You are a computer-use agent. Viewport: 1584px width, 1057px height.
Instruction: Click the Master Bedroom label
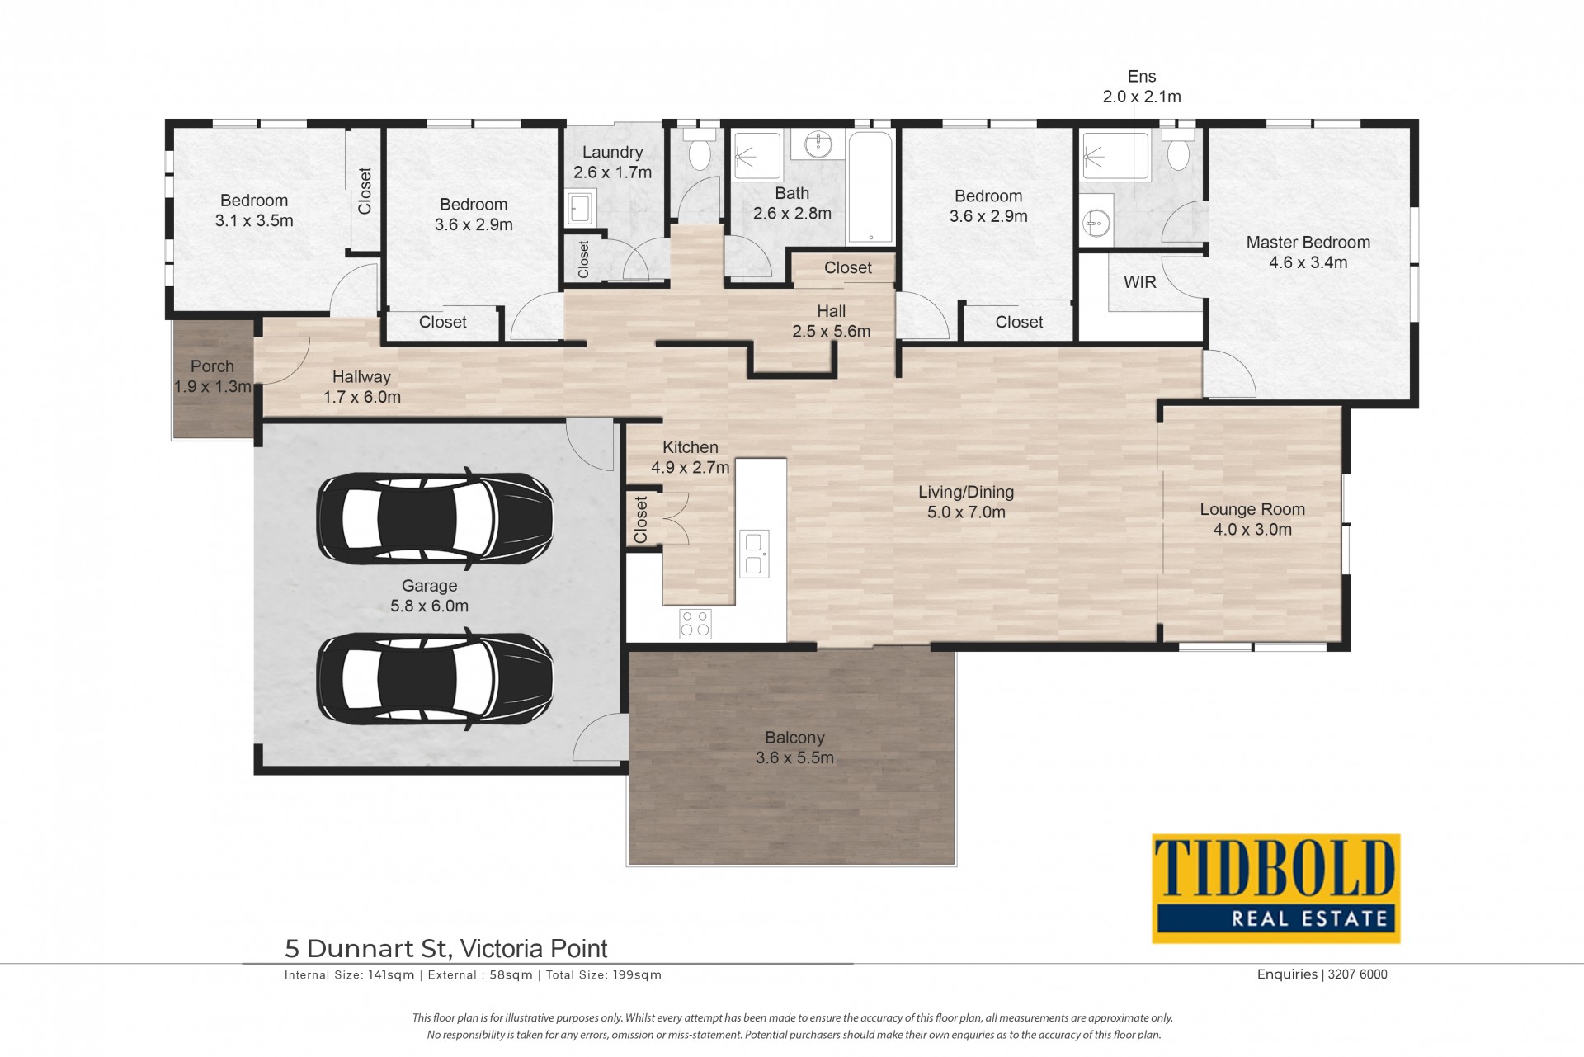tap(1308, 243)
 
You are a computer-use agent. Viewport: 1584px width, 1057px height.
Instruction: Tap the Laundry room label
tap(612, 152)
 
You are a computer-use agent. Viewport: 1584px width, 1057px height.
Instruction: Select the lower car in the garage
tap(436, 677)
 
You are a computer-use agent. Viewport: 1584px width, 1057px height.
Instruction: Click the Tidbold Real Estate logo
tap(1276, 889)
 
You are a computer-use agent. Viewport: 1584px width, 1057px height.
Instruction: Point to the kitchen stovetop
tap(695, 623)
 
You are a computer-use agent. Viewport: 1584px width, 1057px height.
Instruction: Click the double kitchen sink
tap(754, 554)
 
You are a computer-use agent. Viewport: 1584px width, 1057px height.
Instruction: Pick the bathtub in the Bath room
tap(870, 187)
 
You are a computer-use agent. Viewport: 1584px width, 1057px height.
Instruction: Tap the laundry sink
tap(582, 208)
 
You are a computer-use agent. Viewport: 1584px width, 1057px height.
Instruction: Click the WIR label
tap(1140, 282)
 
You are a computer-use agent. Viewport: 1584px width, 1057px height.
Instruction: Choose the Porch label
tap(212, 366)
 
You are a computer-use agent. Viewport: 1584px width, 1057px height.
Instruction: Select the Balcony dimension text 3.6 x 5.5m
tap(794, 758)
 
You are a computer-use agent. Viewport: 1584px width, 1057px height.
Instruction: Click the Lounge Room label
tap(1252, 510)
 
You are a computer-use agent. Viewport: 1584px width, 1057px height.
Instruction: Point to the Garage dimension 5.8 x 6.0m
tap(429, 606)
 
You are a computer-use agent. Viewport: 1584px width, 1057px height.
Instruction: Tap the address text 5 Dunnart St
tap(366, 949)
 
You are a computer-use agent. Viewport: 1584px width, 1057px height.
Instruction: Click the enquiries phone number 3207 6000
tap(1359, 974)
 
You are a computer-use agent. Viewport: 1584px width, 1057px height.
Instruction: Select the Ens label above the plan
tap(1142, 77)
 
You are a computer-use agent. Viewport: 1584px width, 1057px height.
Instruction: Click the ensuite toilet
tap(1179, 149)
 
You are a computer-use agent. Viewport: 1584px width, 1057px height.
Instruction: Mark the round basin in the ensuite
tap(1096, 222)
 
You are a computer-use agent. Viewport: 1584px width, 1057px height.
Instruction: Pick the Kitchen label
tap(691, 447)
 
